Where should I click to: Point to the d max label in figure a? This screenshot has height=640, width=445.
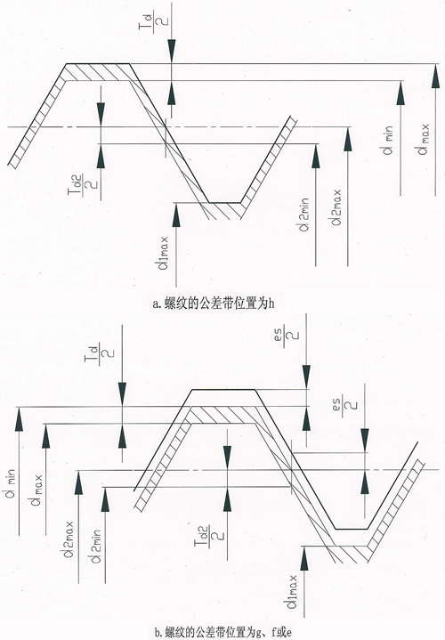424,139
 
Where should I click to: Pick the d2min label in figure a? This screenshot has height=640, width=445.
304,214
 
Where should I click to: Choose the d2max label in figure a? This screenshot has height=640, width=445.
336,207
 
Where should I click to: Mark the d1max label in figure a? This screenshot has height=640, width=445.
165,253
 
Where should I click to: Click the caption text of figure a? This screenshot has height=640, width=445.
213,304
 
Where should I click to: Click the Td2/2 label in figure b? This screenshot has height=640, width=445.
209,539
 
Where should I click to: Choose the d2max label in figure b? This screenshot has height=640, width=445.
69,539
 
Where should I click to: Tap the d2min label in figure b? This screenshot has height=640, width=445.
96,547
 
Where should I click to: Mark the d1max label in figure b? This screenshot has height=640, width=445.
292,591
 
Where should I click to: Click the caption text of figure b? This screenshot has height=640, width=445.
223,633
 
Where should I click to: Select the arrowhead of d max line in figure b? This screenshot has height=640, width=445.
45,435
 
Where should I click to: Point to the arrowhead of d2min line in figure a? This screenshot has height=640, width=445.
316,155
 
